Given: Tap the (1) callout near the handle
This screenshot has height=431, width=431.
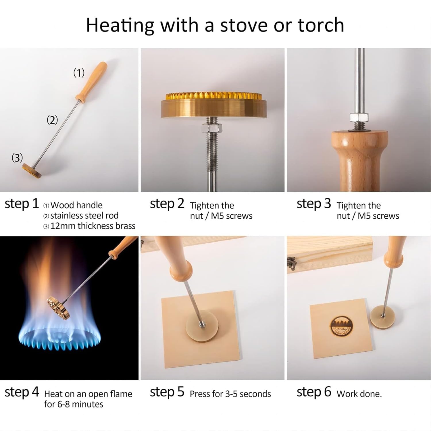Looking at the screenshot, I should tap(79, 73).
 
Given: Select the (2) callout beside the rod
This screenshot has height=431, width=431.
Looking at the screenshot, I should tap(52, 120).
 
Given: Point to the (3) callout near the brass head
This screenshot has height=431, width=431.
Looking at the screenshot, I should tap(17, 158).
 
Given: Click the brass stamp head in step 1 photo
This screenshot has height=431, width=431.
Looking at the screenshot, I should tap(32, 171).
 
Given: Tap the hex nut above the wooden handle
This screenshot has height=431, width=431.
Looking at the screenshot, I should tap(359, 117).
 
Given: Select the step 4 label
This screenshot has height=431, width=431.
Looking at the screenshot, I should tap(22, 392).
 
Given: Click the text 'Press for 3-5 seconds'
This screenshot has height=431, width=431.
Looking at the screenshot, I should tap(230, 394).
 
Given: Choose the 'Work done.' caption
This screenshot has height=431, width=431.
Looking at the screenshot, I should tap(359, 394).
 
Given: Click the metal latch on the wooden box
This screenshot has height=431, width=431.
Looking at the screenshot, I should tap(292, 264).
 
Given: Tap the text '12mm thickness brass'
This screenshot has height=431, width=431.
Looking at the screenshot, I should tap(93, 226).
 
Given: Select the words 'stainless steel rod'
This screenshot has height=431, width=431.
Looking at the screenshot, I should tap(84, 215).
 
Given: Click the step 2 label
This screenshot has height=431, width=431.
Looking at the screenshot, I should tap(167, 204).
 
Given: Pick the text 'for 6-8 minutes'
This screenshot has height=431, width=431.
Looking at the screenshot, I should tap(74, 404).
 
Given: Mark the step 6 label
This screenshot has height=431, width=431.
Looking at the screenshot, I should tap(314, 392).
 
